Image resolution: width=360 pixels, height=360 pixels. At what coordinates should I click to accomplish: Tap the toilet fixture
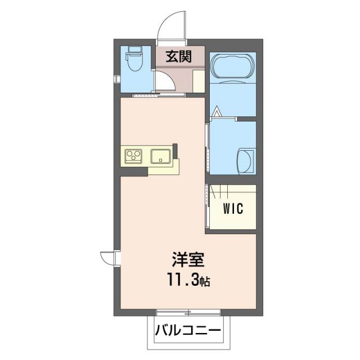pos(135,61)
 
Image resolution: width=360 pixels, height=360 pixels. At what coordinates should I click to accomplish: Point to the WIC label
pos(232,209)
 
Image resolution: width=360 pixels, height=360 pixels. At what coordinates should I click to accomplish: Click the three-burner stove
pos(133,156)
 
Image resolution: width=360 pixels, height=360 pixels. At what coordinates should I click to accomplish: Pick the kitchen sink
pos(161,156)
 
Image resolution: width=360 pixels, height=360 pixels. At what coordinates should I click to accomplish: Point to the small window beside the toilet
pos(116,79)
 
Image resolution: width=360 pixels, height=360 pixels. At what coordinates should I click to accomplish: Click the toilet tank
pos(135,50)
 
